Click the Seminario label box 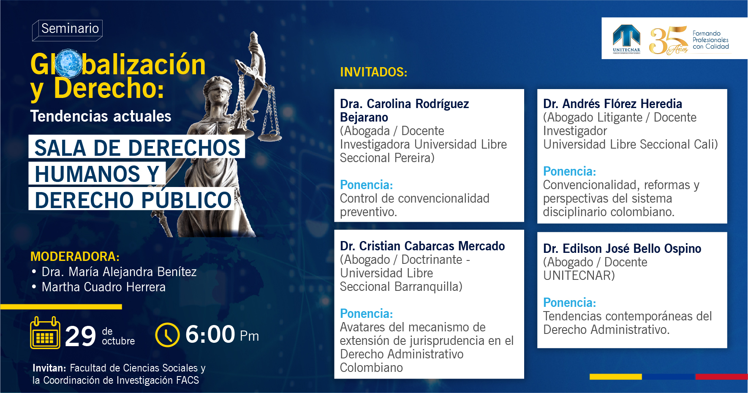(68, 30)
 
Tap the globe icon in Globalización (69, 64)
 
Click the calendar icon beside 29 (45, 333)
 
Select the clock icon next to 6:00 (168, 335)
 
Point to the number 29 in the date (81, 336)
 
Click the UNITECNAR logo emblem (626, 38)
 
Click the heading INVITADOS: (373, 72)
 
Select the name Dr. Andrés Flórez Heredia (612, 104)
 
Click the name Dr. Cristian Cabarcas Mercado (422, 246)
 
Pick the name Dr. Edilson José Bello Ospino (622, 249)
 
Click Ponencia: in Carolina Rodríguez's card (367, 185)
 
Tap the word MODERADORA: (75, 256)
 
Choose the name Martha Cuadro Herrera (103, 287)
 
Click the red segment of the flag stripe (721, 377)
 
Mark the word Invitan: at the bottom (49, 368)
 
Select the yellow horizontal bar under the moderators (61, 307)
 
